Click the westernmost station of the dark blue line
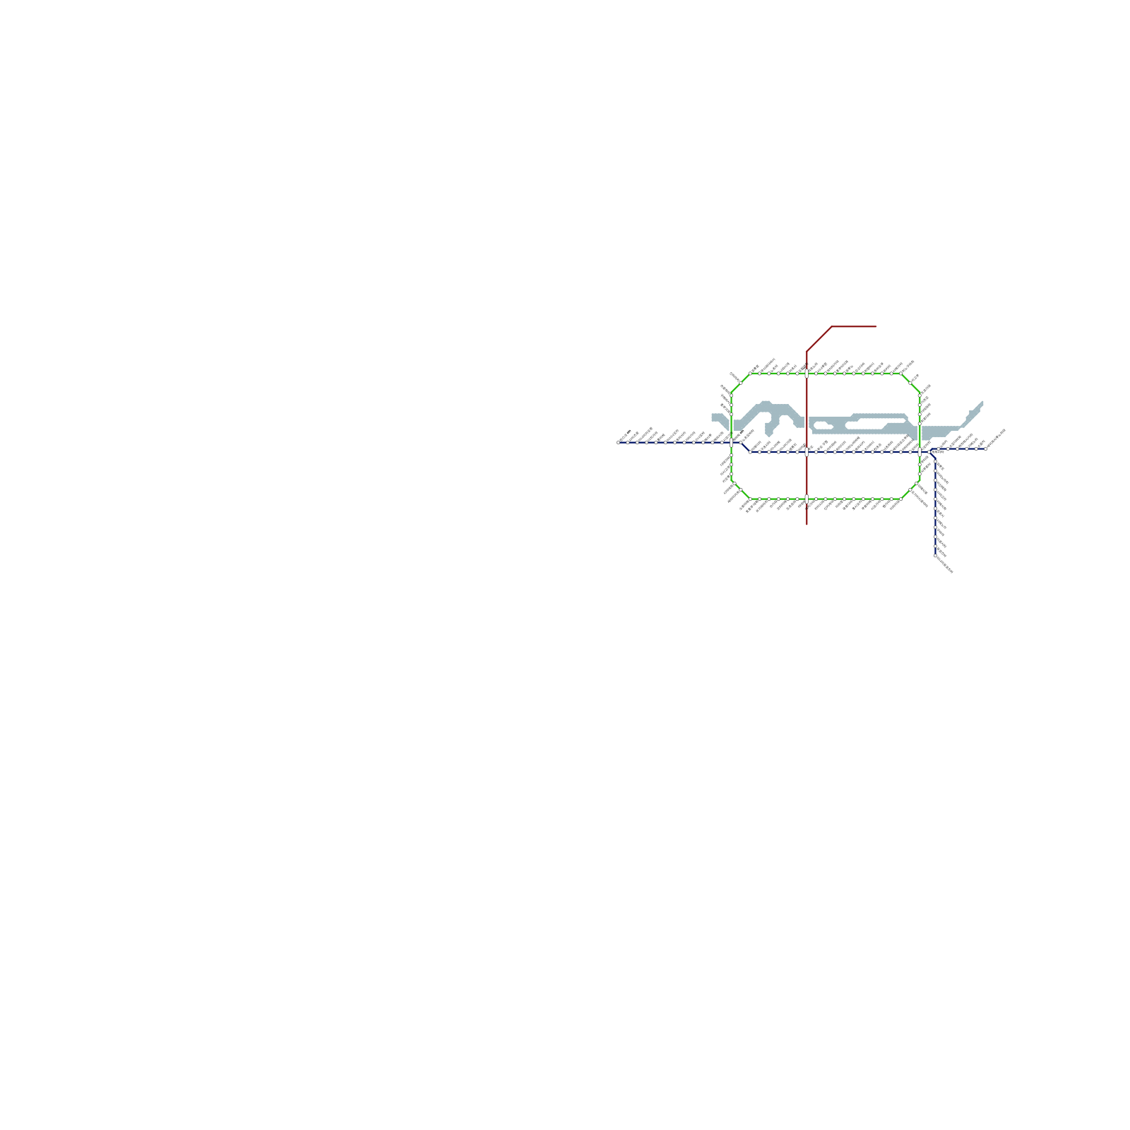point(619,443)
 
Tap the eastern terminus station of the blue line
point(986,448)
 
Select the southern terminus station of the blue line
point(936,557)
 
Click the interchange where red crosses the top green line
point(807,374)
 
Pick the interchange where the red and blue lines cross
point(807,452)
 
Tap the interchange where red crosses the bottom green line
point(807,499)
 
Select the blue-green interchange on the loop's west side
point(732,443)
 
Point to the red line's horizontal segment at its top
point(855,326)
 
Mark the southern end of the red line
point(807,525)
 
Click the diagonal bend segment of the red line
point(819,338)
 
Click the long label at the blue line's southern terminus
point(945,565)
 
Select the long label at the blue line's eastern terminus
point(996,439)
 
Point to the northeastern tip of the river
point(982,403)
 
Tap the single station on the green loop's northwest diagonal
point(740,383)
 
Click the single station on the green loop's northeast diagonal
point(910,383)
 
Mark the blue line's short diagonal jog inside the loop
point(744,447)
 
